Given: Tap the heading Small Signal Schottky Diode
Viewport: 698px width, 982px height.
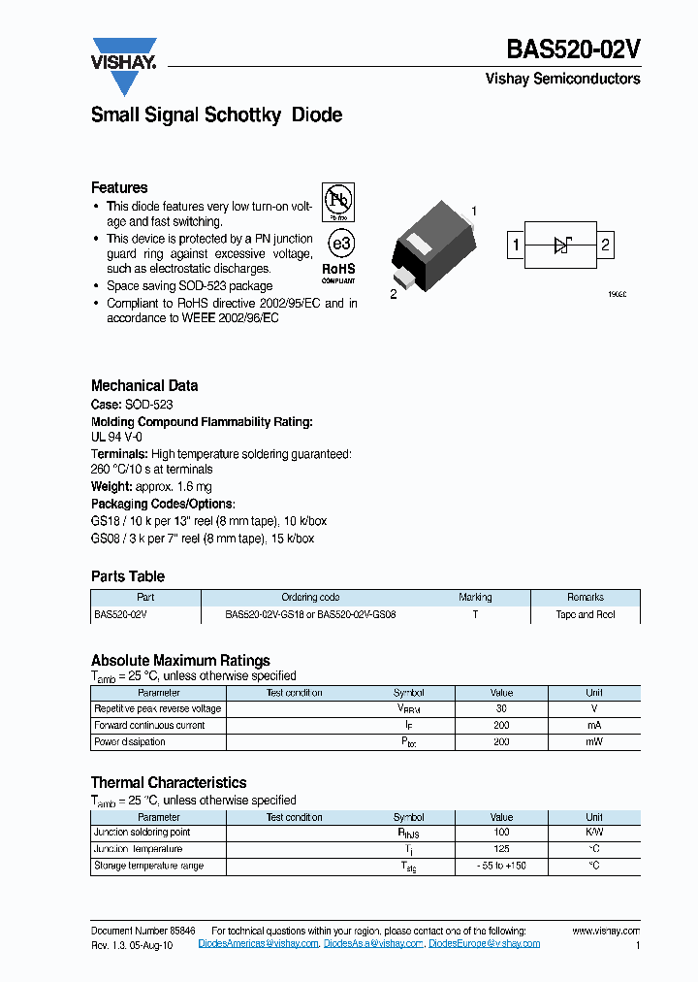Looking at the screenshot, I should pyautogui.click(x=216, y=115).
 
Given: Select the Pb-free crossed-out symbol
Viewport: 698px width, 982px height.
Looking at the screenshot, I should pyautogui.click(x=338, y=201).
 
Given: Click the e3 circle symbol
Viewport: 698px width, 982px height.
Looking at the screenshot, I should pyautogui.click(x=338, y=242).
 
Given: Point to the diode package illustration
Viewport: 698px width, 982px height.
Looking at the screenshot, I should pyautogui.click(x=433, y=248).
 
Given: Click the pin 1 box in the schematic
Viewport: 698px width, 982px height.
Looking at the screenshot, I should pyautogui.click(x=517, y=245).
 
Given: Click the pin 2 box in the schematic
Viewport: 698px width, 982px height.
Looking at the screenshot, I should pyautogui.click(x=606, y=245).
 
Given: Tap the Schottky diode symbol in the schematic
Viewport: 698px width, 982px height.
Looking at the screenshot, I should pyautogui.click(x=561, y=245).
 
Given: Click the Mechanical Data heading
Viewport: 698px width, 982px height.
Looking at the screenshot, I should pyautogui.click(x=144, y=385).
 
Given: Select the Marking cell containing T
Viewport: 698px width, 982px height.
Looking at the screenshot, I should pyautogui.click(x=475, y=614).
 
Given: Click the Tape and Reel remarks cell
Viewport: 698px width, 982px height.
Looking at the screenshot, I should pyautogui.click(x=586, y=614).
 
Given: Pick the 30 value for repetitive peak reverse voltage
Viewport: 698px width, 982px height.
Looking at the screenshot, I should pyautogui.click(x=501, y=708).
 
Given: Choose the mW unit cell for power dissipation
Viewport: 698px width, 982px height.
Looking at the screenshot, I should pyautogui.click(x=594, y=741).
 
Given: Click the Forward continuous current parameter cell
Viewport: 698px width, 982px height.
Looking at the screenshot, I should pyautogui.click(x=149, y=725).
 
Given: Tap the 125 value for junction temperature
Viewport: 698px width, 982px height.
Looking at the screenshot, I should pyautogui.click(x=501, y=849).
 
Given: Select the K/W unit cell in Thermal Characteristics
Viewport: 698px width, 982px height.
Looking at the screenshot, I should pyautogui.click(x=594, y=833).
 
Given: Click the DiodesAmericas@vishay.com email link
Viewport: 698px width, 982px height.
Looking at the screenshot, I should pyautogui.click(x=259, y=943).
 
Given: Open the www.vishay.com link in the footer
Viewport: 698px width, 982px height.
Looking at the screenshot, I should pyautogui.click(x=606, y=930).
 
